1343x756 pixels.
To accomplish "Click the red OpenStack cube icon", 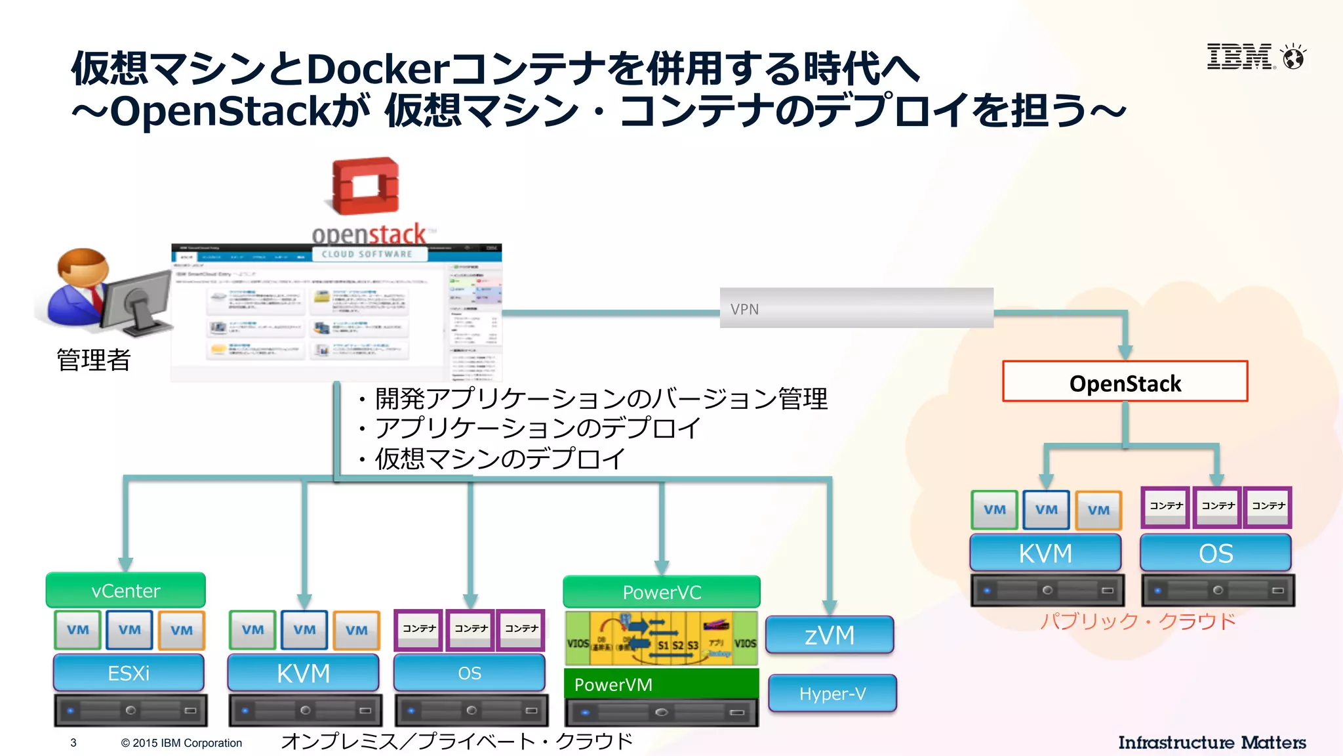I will tap(365, 186).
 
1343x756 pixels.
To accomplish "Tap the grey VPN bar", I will tap(856, 308).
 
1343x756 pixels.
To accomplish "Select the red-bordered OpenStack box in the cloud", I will tap(1125, 382).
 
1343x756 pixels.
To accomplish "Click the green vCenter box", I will tap(125, 591).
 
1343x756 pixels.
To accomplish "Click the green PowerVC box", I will tap(661, 593).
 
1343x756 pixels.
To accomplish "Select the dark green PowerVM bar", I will tap(661, 684).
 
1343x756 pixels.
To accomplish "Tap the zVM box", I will tap(830, 635).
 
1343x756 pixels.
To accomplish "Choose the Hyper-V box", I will tap(832, 694).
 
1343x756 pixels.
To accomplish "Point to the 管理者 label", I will tap(94, 360).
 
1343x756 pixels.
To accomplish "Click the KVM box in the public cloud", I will tap(1045, 553).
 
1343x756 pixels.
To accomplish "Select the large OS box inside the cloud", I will tap(1216, 553).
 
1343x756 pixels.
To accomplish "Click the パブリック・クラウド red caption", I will tap(1138, 621).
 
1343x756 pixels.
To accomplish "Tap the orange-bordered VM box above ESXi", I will tap(182, 630).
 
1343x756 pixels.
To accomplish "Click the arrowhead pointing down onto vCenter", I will tap(125, 564).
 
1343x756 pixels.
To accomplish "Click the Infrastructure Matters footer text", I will tap(1212, 742).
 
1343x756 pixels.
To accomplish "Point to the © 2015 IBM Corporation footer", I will tap(181, 743).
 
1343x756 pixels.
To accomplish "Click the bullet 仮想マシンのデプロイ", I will tap(498, 459).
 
